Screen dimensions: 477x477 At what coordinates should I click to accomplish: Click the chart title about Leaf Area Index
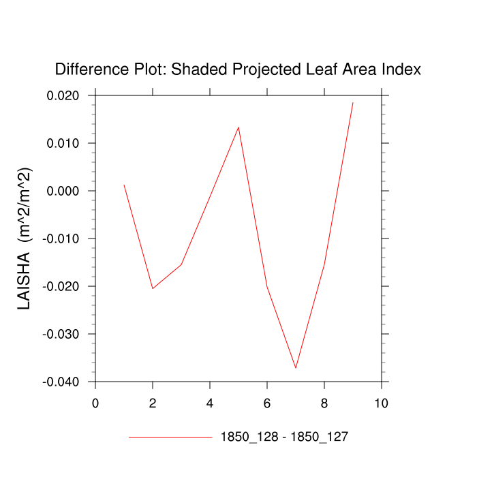click(238, 70)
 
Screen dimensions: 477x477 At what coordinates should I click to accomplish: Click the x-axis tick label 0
click(95, 403)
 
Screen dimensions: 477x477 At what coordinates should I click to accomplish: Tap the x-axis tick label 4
click(210, 403)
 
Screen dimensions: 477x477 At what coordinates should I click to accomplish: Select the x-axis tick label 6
click(267, 403)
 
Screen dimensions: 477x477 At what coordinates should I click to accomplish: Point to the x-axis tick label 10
click(382, 403)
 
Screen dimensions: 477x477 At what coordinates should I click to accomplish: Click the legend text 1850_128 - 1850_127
click(284, 437)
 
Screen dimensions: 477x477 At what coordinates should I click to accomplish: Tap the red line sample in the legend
click(170, 437)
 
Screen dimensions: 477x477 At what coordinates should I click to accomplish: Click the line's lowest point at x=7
click(296, 368)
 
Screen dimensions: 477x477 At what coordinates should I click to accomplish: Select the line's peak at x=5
click(238, 127)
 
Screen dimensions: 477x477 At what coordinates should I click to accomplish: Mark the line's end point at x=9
click(353, 102)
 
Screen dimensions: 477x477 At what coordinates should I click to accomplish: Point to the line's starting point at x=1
click(124, 185)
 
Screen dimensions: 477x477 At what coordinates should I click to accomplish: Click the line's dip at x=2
click(153, 288)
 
